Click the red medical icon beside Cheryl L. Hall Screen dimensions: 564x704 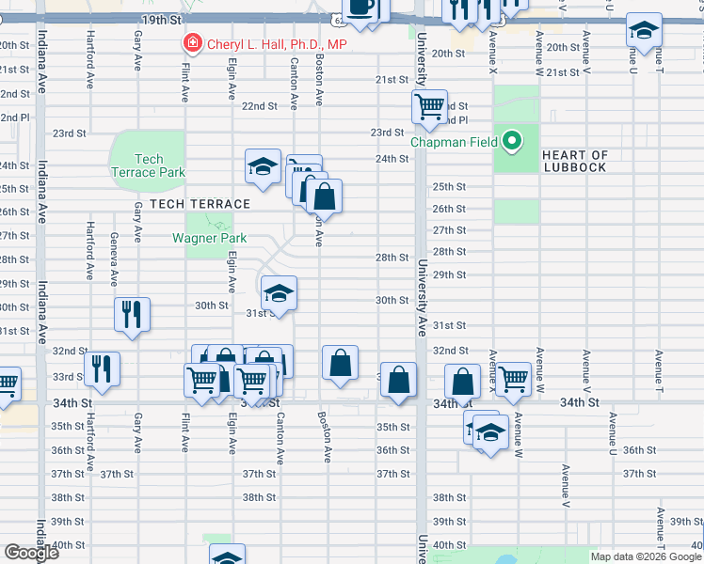[x=192, y=43]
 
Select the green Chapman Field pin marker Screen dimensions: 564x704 [x=512, y=142]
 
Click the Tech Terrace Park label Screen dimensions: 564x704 [x=149, y=165]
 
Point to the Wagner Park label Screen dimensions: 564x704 [x=209, y=238]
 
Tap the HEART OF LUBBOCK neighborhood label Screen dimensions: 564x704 [x=575, y=161]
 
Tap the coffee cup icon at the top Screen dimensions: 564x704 [x=362, y=8]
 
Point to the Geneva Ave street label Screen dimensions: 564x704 [x=113, y=258]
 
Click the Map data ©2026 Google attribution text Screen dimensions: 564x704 [x=645, y=556]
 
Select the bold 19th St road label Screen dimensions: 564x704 [x=162, y=20]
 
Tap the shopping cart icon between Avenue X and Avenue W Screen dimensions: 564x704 [x=513, y=379]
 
